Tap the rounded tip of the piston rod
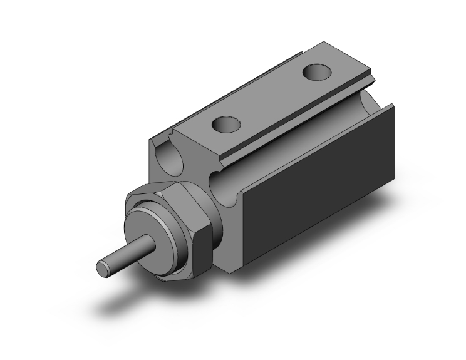click(x=101, y=267)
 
